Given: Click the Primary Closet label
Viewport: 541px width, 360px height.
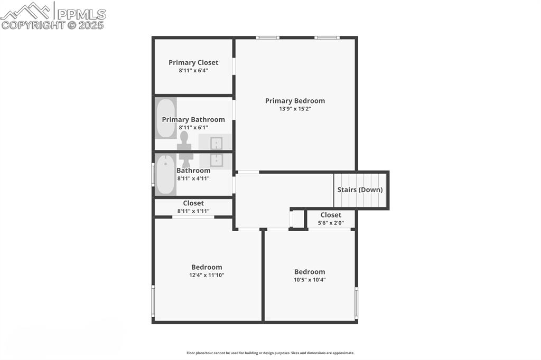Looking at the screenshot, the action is coord(193,62).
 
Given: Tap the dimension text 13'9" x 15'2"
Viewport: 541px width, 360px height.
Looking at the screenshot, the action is coord(295,109).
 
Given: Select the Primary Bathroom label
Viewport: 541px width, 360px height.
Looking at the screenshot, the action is coord(193,119).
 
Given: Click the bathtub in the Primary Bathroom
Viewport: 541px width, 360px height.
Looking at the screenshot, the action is coord(165,118).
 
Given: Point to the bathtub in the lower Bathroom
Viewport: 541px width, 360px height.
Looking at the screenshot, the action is coord(165,175).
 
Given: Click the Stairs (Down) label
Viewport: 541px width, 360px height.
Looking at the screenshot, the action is coord(360,190).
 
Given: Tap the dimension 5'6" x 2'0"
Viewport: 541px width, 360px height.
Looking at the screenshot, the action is coord(331,223).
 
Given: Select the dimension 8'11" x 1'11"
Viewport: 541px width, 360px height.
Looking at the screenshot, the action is coord(193,211).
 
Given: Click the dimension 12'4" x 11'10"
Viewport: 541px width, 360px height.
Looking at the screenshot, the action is coord(207,275).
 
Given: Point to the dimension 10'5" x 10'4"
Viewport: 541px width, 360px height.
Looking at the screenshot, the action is coord(310,280).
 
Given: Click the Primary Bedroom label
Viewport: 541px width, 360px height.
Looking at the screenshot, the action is coord(295,101).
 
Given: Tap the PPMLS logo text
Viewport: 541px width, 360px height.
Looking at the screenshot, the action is coord(81,14).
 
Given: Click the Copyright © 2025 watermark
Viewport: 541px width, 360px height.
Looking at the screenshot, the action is coord(52,25).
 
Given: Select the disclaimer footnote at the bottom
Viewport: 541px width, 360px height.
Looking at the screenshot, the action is coord(270,353).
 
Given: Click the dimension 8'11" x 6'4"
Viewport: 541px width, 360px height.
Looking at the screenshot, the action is coord(193,70).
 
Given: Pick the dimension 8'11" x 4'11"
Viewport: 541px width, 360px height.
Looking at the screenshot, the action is coord(193,178).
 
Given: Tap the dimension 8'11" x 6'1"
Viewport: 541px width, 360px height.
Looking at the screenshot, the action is coord(193,127).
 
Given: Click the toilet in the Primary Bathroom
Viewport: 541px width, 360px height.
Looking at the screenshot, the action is coord(184,141).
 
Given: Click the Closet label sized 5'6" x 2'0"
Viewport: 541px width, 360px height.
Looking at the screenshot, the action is coord(331,215).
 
